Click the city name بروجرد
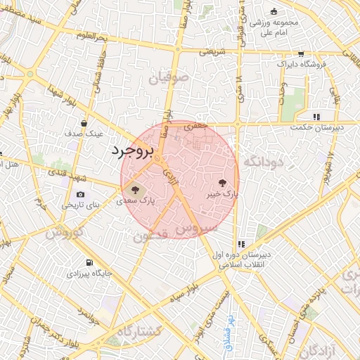pyautogui.click(x=131, y=152)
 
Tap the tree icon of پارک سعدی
pyautogui.click(x=133, y=189)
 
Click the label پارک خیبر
pyautogui.click(x=222, y=191)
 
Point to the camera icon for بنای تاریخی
pyautogui.click(x=80, y=194)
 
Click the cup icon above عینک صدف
pyautogui.click(x=84, y=122)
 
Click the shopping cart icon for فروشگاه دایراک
pyautogui.click(x=301, y=53)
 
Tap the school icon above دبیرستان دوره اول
pyautogui.click(x=241, y=243)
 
